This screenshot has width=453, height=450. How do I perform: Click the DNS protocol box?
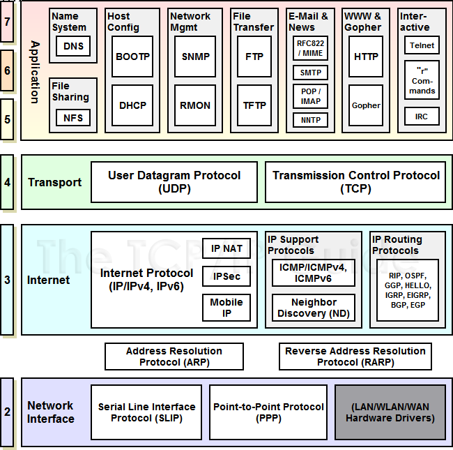(x=72, y=46)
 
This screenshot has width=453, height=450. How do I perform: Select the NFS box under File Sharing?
(x=72, y=118)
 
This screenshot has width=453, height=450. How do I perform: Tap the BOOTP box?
(x=132, y=57)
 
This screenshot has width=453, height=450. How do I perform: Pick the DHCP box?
(x=132, y=105)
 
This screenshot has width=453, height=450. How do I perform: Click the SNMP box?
(x=195, y=57)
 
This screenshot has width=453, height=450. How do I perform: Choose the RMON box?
(x=195, y=105)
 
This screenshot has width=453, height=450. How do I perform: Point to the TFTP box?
(x=254, y=105)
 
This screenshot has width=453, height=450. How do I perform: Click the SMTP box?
(x=310, y=73)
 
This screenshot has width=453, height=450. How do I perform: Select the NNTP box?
(x=310, y=120)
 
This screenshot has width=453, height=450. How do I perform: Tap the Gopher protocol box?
(x=366, y=105)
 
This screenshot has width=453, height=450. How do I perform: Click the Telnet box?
(x=422, y=45)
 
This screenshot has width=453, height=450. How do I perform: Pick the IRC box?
(x=422, y=117)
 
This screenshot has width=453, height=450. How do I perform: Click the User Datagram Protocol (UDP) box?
(x=174, y=182)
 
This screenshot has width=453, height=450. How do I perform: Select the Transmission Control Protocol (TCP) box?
(x=356, y=182)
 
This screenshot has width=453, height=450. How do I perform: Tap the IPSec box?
(x=227, y=276)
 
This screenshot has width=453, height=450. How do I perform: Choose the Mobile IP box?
(x=227, y=307)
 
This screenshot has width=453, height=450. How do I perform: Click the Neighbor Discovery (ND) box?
(x=313, y=308)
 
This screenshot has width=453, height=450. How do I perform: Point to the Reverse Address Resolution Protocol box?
(x=355, y=357)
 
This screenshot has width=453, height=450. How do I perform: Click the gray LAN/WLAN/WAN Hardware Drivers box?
(x=390, y=412)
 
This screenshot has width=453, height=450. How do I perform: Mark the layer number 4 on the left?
(x=7, y=183)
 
